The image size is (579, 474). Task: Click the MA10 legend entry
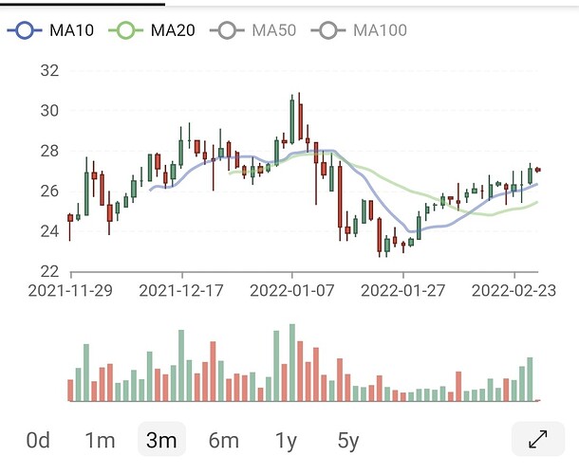tap(50, 30)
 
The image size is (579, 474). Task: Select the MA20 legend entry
tap(152, 30)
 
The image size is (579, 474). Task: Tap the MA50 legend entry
tap(252, 30)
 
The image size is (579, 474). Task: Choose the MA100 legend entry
tap(359, 30)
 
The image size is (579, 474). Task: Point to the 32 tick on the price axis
tap(50, 70)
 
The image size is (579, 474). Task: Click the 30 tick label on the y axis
tap(50, 110)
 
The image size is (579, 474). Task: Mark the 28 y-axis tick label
tap(50, 151)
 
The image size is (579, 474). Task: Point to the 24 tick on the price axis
tap(50, 231)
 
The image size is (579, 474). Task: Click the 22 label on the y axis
tap(50, 271)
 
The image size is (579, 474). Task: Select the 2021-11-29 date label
tap(70, 291)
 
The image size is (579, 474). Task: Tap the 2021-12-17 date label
tap(181, 291)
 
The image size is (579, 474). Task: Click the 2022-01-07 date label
tap(292, 291)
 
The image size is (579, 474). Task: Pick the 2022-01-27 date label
tap(402, 291)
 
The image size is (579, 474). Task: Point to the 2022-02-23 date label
tap(514, 291)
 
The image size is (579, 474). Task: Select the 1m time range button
tap(100, 440)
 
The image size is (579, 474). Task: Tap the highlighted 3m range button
tap(161, 439)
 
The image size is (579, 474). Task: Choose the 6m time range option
tap(224, 440)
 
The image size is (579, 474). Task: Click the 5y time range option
tap(348, 441)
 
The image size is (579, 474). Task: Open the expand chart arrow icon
tap(538, 439)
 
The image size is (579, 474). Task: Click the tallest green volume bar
tap(292, 362)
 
